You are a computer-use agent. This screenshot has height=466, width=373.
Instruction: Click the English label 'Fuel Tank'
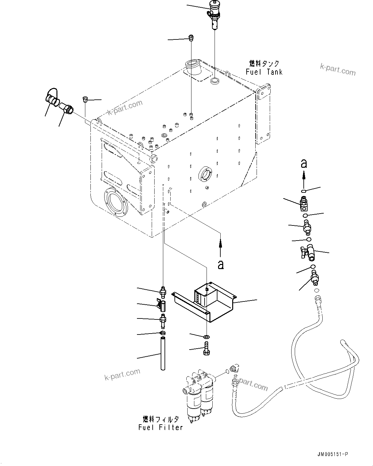click(x=264, y=72)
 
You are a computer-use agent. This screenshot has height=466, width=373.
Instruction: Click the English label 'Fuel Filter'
click(x=161, y=427)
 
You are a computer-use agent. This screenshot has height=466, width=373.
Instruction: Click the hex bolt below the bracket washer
click(x=206, y=349)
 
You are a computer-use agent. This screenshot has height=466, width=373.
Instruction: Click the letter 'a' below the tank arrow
click(x=220, y=265)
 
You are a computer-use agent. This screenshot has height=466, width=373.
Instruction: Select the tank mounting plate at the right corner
click(x=263, y=114)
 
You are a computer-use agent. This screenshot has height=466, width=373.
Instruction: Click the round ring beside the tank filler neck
click(x=215, y=80)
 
